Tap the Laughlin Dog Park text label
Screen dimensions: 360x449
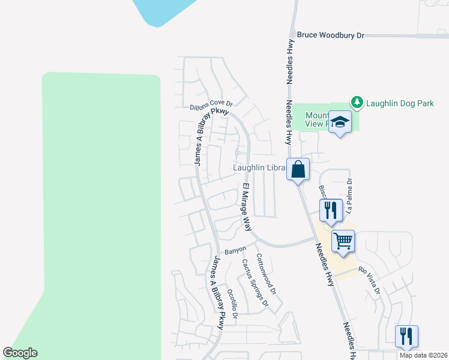point(400,103)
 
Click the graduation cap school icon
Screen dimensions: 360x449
point(340,122)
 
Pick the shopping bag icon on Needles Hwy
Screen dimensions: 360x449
point(298,170)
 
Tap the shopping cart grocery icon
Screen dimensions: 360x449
point(343,241)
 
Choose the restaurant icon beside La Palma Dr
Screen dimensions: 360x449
point(330,210)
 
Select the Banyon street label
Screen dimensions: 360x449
point(235,249)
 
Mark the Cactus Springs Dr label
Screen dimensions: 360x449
point(255,285)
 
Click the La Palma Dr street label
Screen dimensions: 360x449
point(349,195)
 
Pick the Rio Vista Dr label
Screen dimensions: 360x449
point(370,280)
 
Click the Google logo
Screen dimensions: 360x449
point(20,353)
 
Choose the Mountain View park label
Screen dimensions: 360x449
point(319,119)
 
